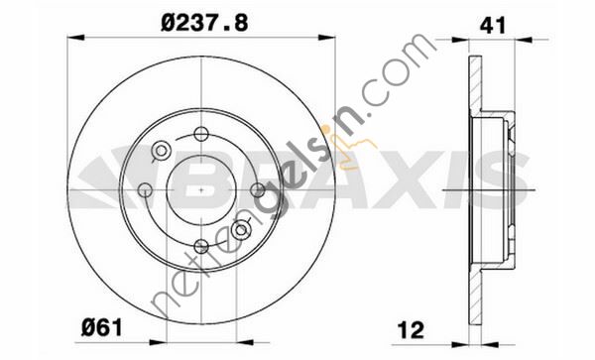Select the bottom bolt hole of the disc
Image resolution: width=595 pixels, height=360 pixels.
(x=201, y=246)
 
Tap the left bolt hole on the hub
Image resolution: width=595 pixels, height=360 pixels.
(x=145, y=189)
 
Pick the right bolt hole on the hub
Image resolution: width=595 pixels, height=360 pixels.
(x=258, y=189)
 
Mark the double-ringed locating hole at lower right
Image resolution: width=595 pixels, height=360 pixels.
(x=240, y=230)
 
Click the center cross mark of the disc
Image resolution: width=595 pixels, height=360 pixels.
(x=201, y=189)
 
